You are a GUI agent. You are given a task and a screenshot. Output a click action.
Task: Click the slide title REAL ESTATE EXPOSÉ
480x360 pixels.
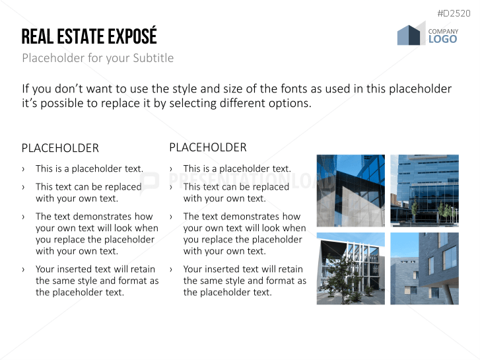[89, 36]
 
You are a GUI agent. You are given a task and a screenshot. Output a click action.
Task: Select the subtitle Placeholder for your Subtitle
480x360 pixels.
[98, 58]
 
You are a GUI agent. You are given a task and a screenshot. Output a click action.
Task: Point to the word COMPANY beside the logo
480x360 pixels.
[443, 31]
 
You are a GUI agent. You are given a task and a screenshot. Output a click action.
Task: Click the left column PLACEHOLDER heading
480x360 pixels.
[60, 148]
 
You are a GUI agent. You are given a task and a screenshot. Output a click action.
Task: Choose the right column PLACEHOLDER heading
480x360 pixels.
[208, 147]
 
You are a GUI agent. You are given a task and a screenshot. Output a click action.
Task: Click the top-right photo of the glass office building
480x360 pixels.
[424, 190]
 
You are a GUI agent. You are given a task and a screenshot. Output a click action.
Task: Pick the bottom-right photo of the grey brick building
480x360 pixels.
[424, 268]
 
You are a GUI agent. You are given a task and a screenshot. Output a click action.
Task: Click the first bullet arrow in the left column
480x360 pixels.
[24, 169]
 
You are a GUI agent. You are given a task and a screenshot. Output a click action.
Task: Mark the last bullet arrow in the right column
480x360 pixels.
[172, 270]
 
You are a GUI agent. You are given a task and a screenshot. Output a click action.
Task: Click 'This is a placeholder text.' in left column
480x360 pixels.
[89, 168]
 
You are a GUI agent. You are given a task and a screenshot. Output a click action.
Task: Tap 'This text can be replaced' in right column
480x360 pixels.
[236, 187]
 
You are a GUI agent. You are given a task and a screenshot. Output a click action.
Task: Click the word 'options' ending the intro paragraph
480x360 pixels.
[287, 104]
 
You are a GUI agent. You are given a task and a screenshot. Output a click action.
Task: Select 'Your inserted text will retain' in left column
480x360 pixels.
[95, 269]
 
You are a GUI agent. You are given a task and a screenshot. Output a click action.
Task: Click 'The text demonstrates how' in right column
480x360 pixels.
[242, 216]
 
